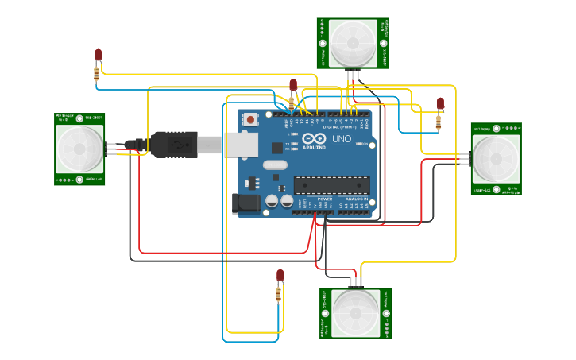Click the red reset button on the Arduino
tap(251, 120)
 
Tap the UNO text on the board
tap(341, 139)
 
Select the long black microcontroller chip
tap(331, 185)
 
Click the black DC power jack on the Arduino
tap(245, 203)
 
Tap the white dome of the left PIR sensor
tap(79, 149)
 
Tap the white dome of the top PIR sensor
tap(353, 44)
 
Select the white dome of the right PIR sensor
tap(496, 159)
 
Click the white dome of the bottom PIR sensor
tap(356, 312)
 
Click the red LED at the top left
tap(99, 55)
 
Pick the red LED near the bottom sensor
tap(280, 275)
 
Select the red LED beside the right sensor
tap(440, 103)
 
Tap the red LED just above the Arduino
tap(293, 84)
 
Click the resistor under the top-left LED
tap(97, 73)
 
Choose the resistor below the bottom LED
tap(278, 295)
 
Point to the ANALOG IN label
tap(356, 199)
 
